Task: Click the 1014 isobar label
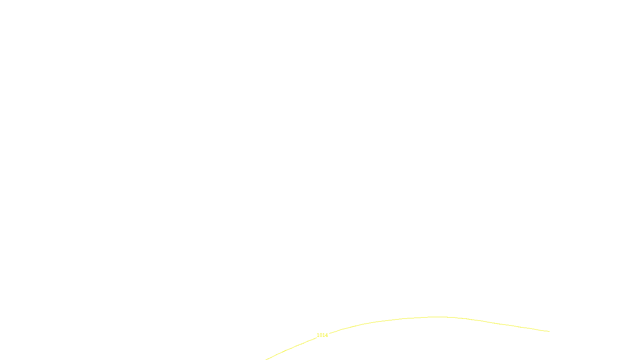pos(322,335)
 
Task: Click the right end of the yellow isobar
pos(549,331)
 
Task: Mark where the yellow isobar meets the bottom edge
pos(266,359)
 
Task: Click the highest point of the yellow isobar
pos(438,317)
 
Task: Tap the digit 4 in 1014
pos(326,335)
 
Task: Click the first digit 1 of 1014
pos(318,335)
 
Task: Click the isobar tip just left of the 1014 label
pos(316,338)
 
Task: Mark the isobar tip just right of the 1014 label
pos(329,333)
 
